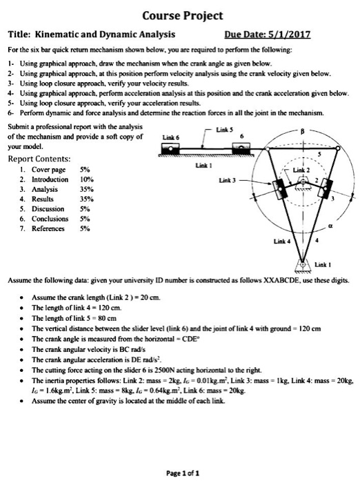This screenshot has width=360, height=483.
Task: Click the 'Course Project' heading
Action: pyautogui.click(x=180, y=14)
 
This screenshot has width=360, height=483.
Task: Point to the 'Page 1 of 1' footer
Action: pyautogui.click(x=180, y=471)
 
